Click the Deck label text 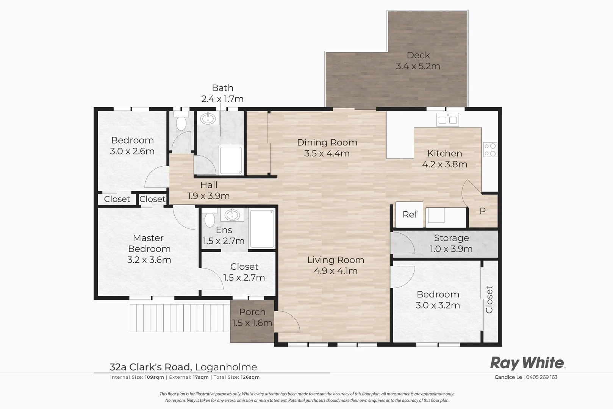point(418,55)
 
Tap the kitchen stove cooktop point(490,150)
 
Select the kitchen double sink point(448,120)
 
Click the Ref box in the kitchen point(410,215)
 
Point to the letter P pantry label point(483,211)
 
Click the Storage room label point(451,238)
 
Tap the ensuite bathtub point(262,229)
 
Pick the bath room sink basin point(208,119)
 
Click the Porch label point(252,312)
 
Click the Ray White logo point(527,363)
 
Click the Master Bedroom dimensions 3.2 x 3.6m point(149,260)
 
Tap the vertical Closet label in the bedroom point(489,299)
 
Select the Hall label point(209,185)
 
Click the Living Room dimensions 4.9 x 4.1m point(336,271)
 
